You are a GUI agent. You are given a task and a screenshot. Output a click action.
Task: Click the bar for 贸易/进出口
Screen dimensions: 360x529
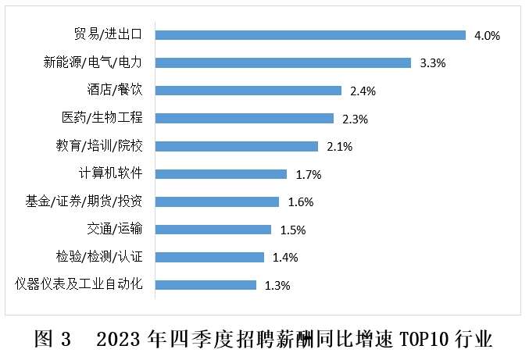click(310, 34)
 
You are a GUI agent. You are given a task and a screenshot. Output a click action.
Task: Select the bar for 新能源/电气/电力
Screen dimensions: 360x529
click(283, 62)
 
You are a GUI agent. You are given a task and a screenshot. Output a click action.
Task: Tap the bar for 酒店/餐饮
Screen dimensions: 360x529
click(248, 90)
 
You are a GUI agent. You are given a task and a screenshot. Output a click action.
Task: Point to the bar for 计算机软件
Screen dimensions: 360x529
click(221, 173)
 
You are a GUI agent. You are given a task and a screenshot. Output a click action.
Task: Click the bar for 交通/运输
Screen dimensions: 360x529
click(213, 229)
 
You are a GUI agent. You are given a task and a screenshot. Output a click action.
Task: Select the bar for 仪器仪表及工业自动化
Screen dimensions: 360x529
click(206, 284)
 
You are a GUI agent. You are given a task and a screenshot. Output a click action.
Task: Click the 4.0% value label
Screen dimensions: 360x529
click(487, 35)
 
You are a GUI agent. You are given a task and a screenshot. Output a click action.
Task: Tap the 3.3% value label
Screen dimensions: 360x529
click(432, 63)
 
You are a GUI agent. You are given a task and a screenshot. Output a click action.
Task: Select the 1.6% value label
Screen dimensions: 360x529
click(300, 202)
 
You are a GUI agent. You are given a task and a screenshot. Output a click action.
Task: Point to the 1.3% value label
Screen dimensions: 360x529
click(277, 286)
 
